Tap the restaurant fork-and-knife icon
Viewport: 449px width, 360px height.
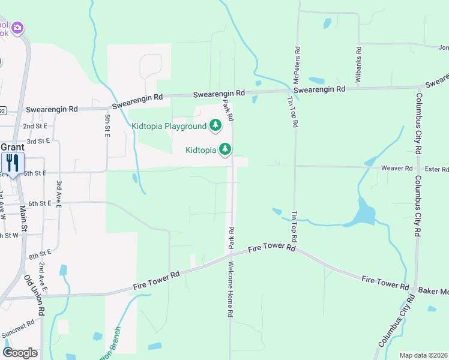coord(13,163)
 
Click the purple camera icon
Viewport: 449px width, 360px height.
coord(18,28)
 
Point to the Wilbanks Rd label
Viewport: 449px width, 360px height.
coord(358,65)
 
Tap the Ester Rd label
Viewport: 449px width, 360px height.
coord(436,169)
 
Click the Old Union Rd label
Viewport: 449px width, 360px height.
coord(35,295)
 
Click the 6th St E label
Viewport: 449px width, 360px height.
coord(39,203)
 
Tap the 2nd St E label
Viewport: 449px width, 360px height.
coord(35,127)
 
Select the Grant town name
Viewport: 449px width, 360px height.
coord(12,147)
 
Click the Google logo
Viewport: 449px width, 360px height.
coord(20,352)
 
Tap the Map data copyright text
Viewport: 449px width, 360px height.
coord(424,355)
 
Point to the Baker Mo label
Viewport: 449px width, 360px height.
coord(433,290)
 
